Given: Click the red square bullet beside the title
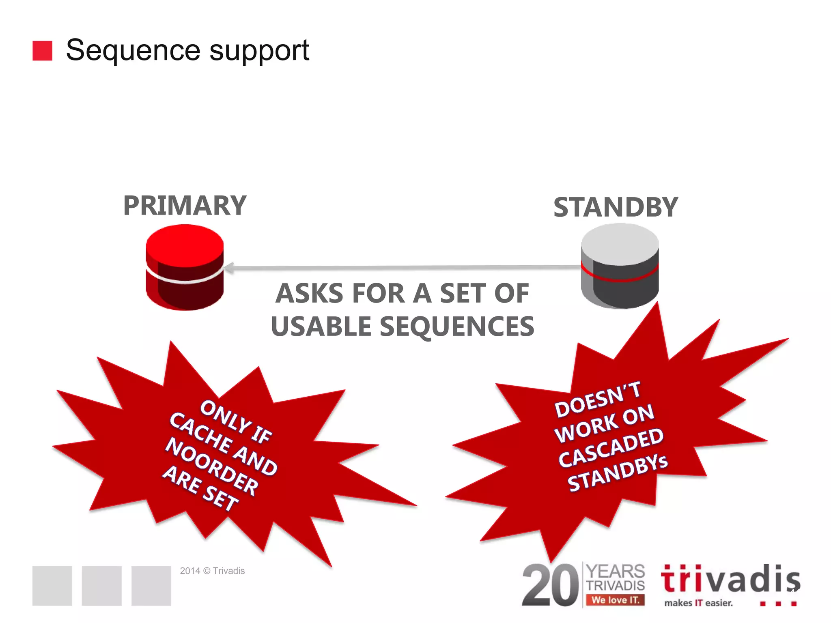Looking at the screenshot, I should click(42, 51).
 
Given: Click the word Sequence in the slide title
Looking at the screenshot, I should click(133, 50).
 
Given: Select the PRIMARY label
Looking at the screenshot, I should click(185, 206).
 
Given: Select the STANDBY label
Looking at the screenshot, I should click(615, 207).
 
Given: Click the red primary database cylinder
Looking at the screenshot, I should click(185, 268).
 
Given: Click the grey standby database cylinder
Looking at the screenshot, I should click(620, 266).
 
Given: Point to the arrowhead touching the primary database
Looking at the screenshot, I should click(229, 268).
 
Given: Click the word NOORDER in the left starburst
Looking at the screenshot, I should click(211, 467).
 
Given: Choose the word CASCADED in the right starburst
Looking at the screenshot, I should click(611, 448).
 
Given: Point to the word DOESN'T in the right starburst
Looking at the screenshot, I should click(597, 400).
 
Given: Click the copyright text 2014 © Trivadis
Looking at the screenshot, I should click(212, 571).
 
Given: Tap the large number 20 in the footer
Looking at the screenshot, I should click(550, 585).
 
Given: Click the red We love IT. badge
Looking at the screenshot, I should click(615, 600).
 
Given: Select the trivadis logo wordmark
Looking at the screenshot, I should click(730, 579).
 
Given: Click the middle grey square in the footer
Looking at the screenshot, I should click(101, 586).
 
